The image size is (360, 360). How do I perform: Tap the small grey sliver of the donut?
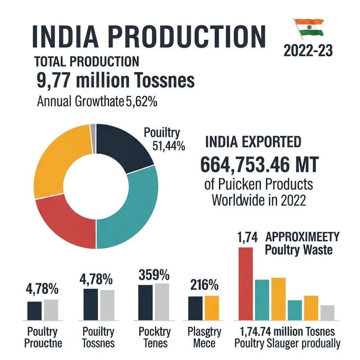click(x=93, y=128)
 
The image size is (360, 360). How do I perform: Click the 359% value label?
click(x=154, y=274)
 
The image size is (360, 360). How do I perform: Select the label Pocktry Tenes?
click(x=155, y=338)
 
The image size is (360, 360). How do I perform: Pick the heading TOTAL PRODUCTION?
click(x=86, y=62)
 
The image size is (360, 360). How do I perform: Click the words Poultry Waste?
click(x=298, y=250)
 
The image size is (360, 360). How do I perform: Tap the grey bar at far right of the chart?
click(x=327, y=312)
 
